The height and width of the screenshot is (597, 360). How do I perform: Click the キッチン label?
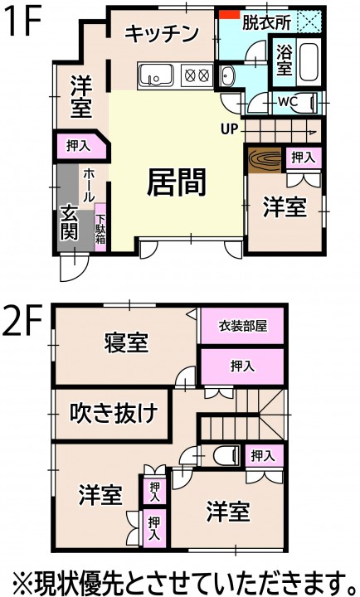(x=162, y=33)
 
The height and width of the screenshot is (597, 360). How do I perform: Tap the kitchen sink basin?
(x=156, y=76)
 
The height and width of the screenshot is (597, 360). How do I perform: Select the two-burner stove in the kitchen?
(x=197, y=75)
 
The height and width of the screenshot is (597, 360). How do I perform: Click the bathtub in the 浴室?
(x=309, y=62)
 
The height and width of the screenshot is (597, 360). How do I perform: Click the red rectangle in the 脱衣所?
(x=229, y=14)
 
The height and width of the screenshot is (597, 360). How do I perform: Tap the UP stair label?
(x=229, y=129)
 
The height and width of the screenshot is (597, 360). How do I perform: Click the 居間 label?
(x=177, y=182)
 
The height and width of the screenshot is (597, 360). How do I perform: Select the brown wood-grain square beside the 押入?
(x=265, y=160)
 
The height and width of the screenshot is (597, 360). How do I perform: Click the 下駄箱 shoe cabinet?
(x=100, y=227)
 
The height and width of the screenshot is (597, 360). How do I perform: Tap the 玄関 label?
(x=70, y=223)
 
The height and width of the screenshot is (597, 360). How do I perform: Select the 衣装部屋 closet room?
(x=243, y=326)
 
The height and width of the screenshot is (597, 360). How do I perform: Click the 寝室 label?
(x=126, y=342)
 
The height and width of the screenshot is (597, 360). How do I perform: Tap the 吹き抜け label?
(x=114, y=413)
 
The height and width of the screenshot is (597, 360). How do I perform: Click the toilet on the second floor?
(x=226, y=455)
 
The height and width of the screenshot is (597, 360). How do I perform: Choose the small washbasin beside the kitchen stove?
(x=228, y=75)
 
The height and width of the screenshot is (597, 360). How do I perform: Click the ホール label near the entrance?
(x=89, y=186)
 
